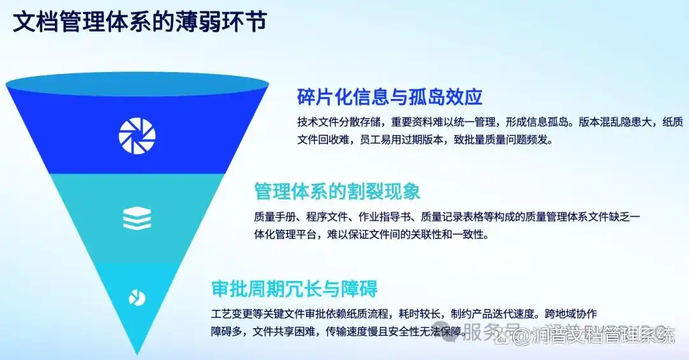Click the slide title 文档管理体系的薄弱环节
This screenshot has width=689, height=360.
click(140, 22)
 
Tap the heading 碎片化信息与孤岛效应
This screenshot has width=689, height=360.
click(390, 97)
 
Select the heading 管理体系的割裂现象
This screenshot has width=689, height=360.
click(337, 191)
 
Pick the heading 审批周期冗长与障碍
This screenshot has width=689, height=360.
click(294, 289)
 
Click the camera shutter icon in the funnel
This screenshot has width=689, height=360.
click(137, 136)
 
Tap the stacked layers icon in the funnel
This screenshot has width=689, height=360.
click(137, 218)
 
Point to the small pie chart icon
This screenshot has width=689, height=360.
click(137, 298)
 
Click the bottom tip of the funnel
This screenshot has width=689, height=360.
click(137, 354)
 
